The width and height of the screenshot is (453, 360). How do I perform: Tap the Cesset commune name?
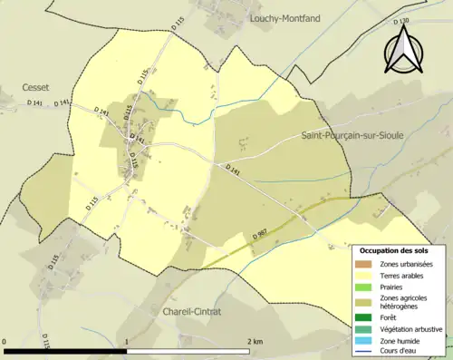tap(36, 88)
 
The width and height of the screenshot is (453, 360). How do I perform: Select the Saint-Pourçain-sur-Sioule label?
tap(352, 135)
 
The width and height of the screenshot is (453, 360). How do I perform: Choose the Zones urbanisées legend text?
tap(407, 264)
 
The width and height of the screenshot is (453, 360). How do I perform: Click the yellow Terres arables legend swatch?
tap(368, 276)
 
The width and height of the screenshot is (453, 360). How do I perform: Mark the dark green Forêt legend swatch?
tap(368, 318)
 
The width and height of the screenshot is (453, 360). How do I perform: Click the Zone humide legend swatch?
tap(368, 341)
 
